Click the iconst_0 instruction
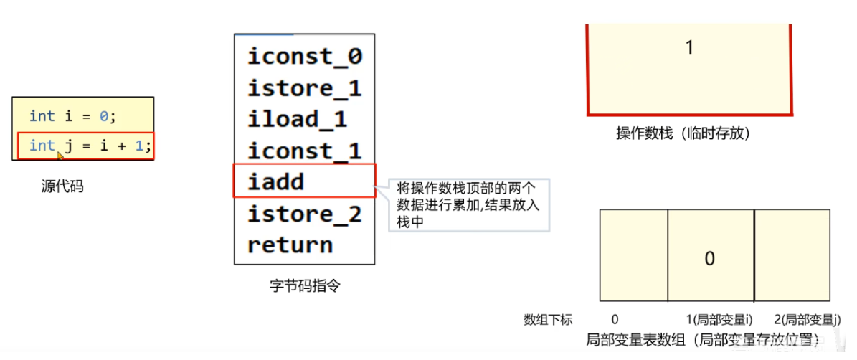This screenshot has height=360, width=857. coord(305,57)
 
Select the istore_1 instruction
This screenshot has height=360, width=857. coord(305,88)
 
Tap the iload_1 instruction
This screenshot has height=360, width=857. coord(297,119)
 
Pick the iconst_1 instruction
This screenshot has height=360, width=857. coord(305,151)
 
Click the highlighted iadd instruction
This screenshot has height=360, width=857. coord(276,181)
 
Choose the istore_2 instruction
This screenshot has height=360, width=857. coord(305,214)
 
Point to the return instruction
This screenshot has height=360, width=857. coord(290,245)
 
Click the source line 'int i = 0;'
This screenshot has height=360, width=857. coord(72,115)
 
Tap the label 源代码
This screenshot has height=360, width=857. coord(62,187)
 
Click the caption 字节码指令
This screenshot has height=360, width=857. coord(305,285)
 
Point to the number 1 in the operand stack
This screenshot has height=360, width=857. coord(689,48)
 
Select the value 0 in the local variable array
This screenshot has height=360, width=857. coord(709,258)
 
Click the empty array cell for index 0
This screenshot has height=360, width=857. coord(633,255)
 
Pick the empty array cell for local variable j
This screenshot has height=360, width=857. coord(792,255)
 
